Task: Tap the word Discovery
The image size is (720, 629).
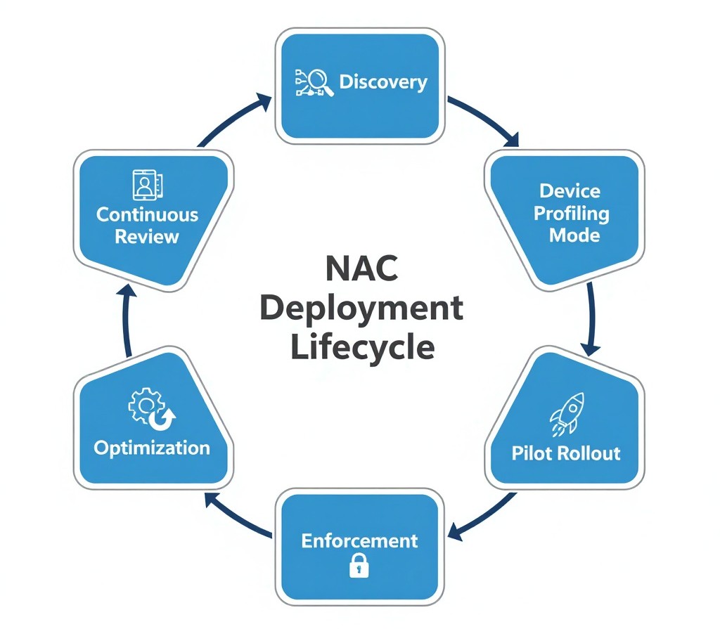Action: [383, 82]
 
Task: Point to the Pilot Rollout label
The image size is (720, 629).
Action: [565, 452]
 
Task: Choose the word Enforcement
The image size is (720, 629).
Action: [359, 540]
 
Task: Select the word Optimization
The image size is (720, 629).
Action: [152, 448]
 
